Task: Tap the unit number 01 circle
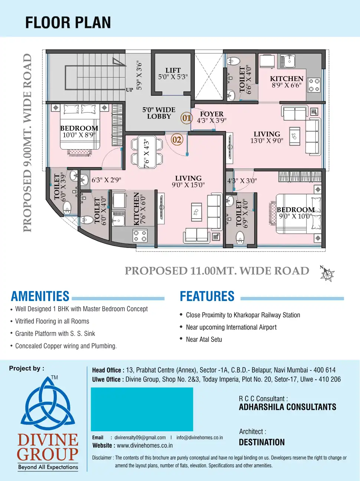[x=186, y=118]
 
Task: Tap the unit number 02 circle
[x=177, y=140]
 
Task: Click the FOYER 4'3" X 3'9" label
[x=212, y=117]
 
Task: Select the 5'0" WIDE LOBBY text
[x=159, y=113]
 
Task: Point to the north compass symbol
[x=327, y=275]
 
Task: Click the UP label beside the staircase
[x=129, y=90]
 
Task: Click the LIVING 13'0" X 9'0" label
[x=266, y=137]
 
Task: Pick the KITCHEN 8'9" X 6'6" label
[x=287, y=82]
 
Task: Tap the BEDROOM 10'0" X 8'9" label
[x=79, y=131]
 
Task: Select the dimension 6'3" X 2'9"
[x=106, y=180]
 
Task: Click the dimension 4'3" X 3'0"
[x=242, y=181]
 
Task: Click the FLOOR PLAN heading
[x=68, y=23]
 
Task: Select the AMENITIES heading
[x=40, y=296]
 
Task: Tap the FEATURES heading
[x=207, y=296]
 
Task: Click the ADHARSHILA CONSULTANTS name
[x=287, y=407]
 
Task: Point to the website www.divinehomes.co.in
[x=144, y=445]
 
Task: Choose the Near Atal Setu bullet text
[x=204, y=339]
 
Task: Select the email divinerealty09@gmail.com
[x=140, y=438]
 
